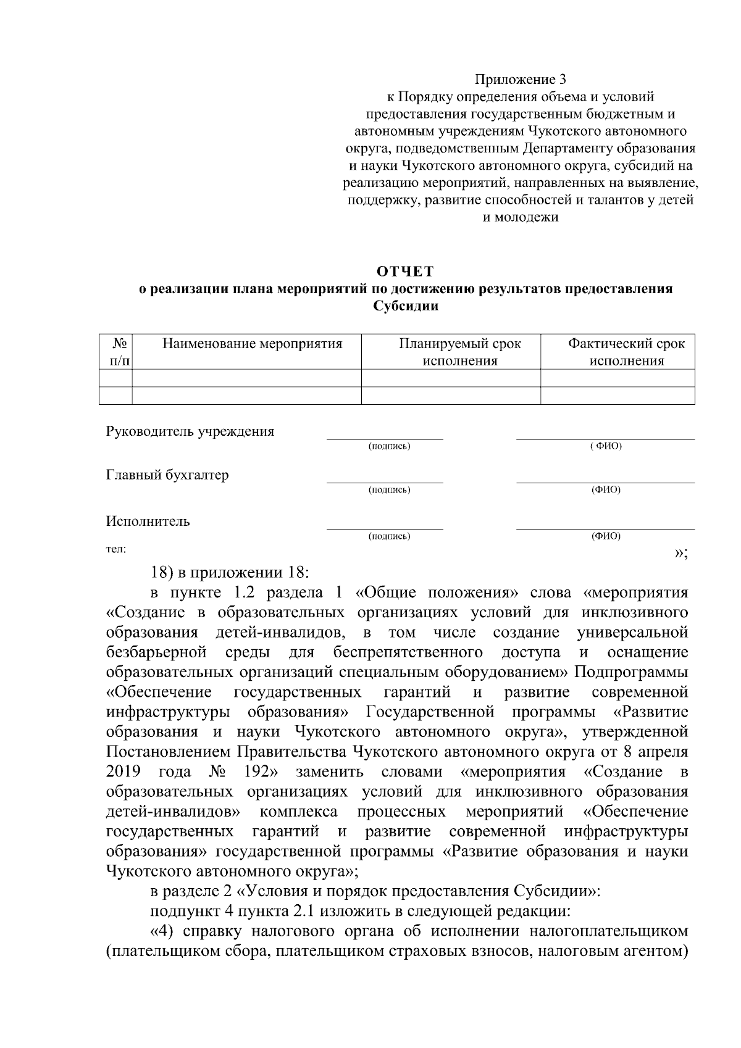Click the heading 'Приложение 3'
520,80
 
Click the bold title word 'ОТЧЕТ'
406,272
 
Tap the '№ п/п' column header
115,352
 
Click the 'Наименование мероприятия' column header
252,344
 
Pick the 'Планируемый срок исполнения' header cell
459,352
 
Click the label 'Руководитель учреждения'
190,431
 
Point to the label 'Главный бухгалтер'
167,475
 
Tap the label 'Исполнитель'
148,522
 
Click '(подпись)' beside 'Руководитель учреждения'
389,446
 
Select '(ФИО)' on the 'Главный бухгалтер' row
606,490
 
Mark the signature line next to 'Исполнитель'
384,529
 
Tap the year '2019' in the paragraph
124,772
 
